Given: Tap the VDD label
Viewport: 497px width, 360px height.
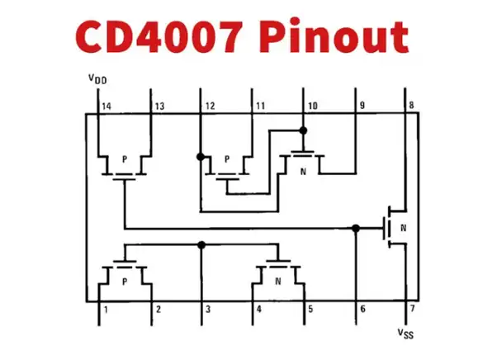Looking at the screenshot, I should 97,79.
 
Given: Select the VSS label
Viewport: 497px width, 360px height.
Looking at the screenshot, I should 405,333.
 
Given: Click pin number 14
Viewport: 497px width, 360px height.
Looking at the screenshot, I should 106,107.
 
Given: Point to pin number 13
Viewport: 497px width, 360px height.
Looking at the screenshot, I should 159,107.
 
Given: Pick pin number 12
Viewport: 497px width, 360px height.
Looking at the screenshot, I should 211,107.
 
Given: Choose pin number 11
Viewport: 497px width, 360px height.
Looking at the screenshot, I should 260,107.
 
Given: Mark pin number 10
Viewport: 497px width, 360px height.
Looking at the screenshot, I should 312,107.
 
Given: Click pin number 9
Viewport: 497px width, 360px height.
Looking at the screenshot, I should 361,107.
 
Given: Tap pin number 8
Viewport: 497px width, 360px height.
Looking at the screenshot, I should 410,107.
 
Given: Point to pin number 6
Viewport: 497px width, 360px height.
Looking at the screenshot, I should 361,310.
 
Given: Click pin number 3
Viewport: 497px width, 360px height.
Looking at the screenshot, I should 207,310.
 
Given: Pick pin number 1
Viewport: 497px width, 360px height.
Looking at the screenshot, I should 105,310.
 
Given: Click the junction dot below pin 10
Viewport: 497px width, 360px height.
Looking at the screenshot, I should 303,130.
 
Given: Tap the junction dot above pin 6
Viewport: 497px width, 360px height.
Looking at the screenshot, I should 355,228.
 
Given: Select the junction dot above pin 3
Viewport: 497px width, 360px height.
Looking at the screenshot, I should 201,244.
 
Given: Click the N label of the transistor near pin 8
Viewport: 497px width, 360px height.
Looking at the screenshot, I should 403,227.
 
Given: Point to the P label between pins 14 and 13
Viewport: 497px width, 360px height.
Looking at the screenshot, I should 124,159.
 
